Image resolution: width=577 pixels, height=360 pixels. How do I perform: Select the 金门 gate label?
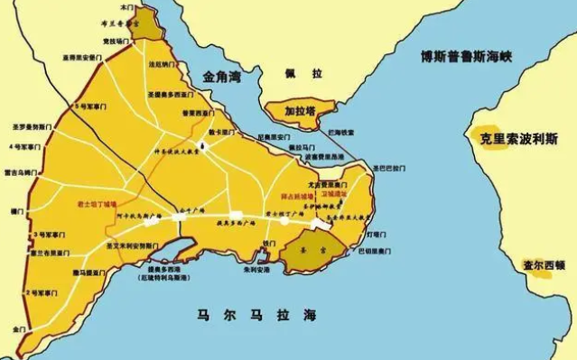click(17, 331)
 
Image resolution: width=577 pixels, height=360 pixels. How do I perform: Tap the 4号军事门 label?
click(24, 145)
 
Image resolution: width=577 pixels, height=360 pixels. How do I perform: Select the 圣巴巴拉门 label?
click(388, 168)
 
